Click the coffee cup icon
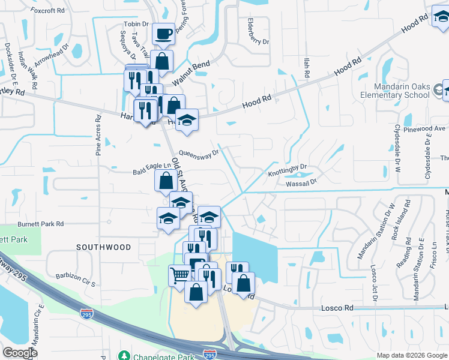[x=163, y=34]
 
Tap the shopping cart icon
[x=179, y=275]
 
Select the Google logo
[x=20, y=353]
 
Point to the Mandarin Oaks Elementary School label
[x=395, y=91]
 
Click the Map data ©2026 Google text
[x=411, y=355]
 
